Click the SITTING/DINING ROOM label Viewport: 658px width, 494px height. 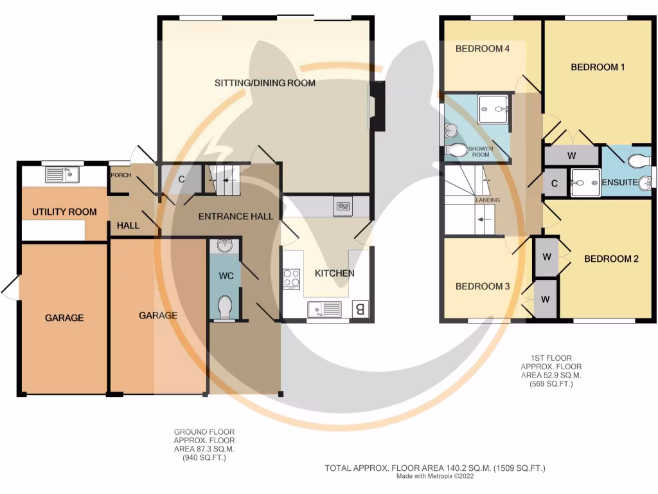point(265,83)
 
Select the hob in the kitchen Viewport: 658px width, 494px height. point(291,279)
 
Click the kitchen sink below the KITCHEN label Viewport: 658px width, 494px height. point(325,309)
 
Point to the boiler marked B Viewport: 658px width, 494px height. point(361,309)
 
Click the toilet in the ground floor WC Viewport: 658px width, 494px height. point(225,307)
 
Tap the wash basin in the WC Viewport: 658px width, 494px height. point(224,246)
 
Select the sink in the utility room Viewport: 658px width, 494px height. point(62,174)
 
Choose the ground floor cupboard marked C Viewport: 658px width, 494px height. point(181,179)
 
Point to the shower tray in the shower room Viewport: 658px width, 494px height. point(493,109)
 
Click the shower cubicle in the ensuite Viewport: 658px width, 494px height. point(585,182)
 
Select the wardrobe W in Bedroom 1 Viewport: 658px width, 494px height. point(571,156)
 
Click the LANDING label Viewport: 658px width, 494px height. point(487,200)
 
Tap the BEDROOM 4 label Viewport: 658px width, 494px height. point(478,48)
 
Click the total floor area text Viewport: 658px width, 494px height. point(439,468)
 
